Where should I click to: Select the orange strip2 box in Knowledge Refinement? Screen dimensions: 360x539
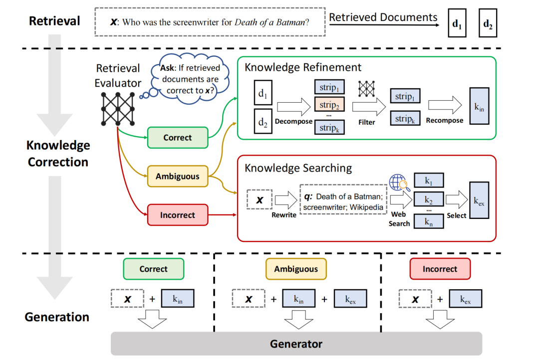click(329, 105)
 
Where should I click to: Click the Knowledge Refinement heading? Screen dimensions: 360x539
click(303, 67)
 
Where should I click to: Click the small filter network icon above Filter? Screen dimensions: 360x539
click(367, 88)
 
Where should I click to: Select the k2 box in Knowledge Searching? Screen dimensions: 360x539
click(428, 200)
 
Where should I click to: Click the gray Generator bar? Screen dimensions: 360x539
click(296, 344)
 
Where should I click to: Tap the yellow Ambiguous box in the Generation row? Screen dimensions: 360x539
click(296, 269)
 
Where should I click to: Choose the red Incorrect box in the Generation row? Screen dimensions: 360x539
click(440, 269)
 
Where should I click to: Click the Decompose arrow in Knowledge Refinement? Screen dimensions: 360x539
click(294, 106)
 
